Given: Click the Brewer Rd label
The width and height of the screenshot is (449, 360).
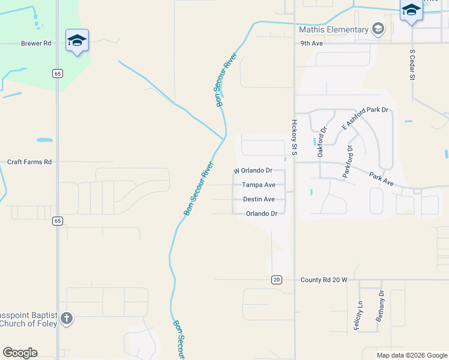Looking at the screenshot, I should click(x=36, y=43).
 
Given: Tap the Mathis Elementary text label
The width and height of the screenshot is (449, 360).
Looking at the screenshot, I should click(x=334, y=30).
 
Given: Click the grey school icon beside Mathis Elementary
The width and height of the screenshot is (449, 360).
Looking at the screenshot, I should click(x=378, y=29).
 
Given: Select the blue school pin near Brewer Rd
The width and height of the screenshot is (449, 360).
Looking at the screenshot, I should click(x=77, y=40).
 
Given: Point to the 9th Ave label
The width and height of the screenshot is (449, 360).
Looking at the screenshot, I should click(x=312, y=43).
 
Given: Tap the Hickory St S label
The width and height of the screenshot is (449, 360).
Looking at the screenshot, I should click(x=294, y=137).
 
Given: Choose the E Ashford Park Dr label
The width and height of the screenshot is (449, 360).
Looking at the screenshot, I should click(x=365, y=118).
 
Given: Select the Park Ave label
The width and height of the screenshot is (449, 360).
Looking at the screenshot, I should click(x=381, y=178).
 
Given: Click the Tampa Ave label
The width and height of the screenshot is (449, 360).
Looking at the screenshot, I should click(x=259, y=185).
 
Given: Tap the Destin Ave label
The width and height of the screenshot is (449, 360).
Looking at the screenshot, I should click(x=259, y=199).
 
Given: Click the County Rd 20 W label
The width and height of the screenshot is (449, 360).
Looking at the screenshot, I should click(x=324, y=280).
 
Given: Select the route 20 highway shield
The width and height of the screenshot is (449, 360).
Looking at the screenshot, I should click(x=276, y=280).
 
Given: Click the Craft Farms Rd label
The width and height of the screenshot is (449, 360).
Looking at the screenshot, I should click(x=29, y=162).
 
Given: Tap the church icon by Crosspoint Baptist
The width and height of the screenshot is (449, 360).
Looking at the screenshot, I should click(x=67, y=319).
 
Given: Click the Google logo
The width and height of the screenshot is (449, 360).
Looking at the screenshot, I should click(x=20, y=353).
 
